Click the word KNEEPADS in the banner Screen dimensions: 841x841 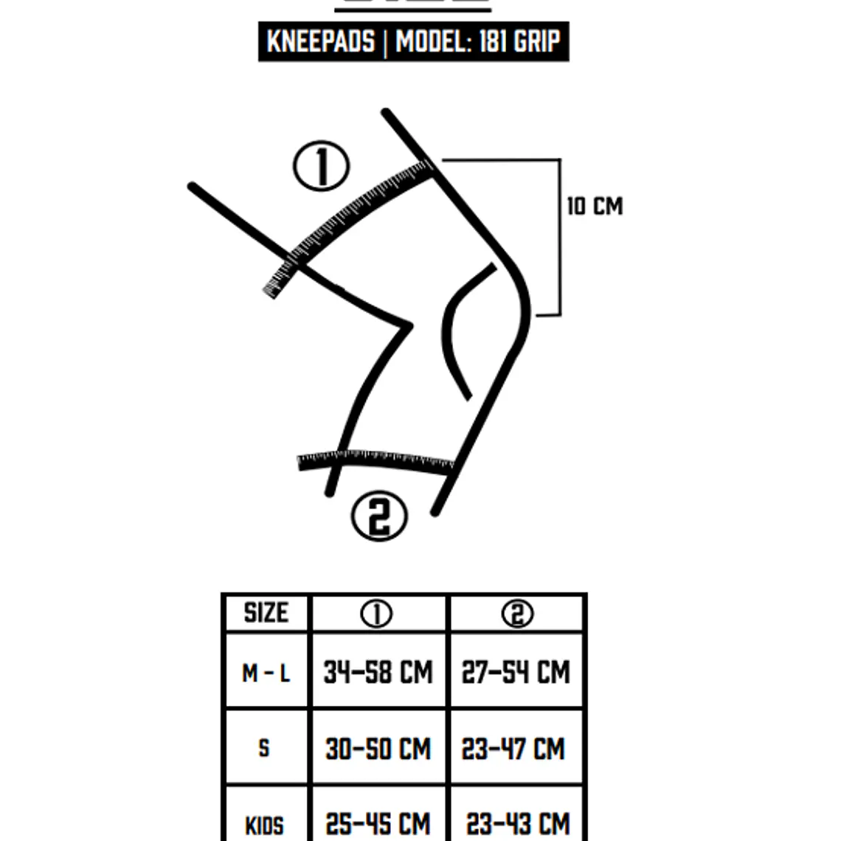click(321, 41)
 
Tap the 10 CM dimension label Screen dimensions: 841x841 click(595, 207)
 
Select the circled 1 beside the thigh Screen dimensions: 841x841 click(322, 166)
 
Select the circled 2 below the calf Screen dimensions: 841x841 click(379, 516)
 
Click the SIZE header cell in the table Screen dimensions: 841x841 click(266, 612)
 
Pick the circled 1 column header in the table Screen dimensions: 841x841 click(376, 614)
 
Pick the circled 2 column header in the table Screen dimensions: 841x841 click(518, 614)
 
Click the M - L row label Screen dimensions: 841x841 click(266, 673)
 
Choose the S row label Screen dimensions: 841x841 click(264, 747)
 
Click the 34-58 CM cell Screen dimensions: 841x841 click(378, 672)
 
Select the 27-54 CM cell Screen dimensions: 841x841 click(516, 672)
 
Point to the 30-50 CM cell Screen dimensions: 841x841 click(378, 749)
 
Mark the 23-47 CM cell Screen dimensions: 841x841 click(513, 749)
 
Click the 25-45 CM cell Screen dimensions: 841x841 click(378, 824)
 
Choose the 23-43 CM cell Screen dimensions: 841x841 click(518, 824)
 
